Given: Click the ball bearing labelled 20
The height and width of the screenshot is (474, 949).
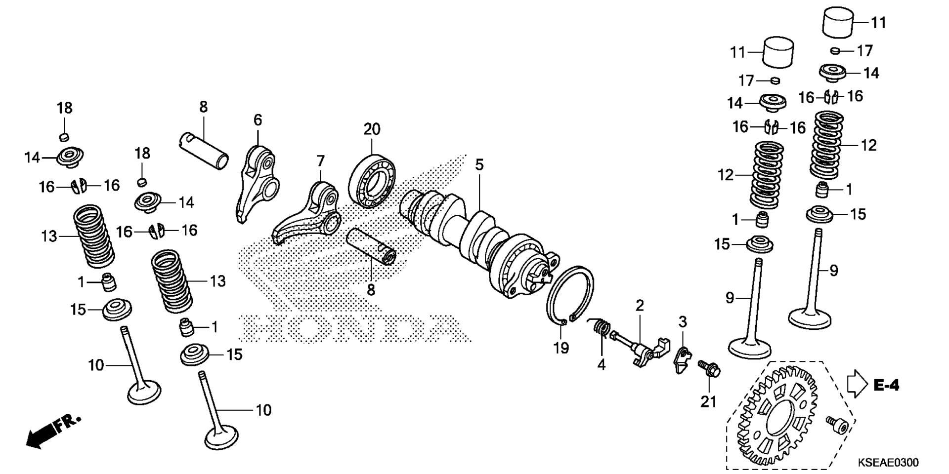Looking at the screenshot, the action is point(372,181).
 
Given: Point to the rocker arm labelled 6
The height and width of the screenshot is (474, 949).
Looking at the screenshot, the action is point(256,183).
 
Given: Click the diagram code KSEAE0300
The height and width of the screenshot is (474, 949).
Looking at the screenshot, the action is point(888,462).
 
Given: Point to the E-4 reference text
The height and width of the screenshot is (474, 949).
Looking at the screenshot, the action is point(886,386).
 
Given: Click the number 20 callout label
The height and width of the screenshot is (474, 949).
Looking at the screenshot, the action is point(372,129).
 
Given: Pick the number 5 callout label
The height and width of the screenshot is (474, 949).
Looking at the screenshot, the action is point(479,164).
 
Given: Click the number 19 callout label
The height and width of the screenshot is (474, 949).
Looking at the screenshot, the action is point(561,348).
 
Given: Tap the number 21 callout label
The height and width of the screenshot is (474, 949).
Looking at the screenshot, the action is point(708,402).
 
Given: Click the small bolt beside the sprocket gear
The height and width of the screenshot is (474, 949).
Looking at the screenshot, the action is point(836,426).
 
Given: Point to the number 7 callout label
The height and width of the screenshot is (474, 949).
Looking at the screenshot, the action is point(321,161).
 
